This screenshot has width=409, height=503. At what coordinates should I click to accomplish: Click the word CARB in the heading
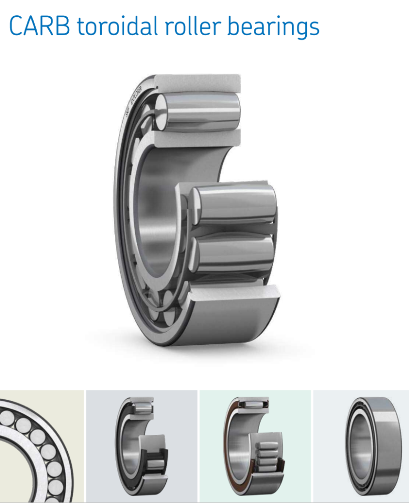[x=39, y=26]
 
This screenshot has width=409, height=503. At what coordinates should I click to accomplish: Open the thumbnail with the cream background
[x=41, y=446]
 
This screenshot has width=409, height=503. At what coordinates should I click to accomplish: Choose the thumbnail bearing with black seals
[x=142, y=446]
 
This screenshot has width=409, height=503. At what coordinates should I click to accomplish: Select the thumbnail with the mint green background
[x=256, y=446]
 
